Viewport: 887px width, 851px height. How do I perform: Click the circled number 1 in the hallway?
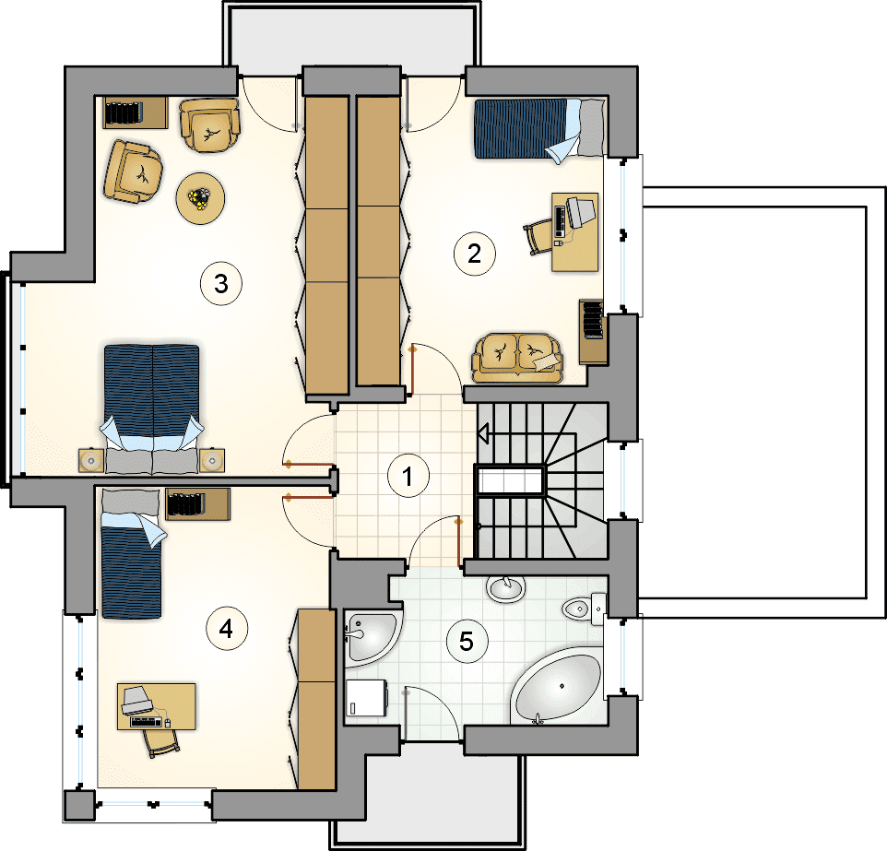pyautogui.click(x=408, y=476)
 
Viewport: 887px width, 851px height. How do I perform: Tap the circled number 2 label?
pyautogui.click(x=475, y=254)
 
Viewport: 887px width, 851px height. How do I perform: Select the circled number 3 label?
pyautogui.click(x=221, y=283)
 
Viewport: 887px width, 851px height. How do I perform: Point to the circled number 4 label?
pyautogui.click(x=226, y=628)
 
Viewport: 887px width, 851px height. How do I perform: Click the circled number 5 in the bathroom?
pyautogui.click(x=467, y=641)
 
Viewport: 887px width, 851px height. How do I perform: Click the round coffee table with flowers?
pyautogui.click(x=200, y=198)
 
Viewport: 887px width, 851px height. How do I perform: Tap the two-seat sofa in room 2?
pyautogui.click(x=517, y=358)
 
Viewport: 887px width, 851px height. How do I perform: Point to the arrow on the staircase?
pyautogui.click(x=484, y=434)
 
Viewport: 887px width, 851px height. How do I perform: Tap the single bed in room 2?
pyautogui.click(x=539, y=128)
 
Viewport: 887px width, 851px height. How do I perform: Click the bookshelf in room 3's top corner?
pyautogui.click(x=136, y=112)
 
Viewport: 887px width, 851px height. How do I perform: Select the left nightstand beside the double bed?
pyautogui.click(x=91, y=461)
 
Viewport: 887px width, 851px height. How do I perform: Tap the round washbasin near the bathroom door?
pyautogui.click(x=505, y=589)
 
